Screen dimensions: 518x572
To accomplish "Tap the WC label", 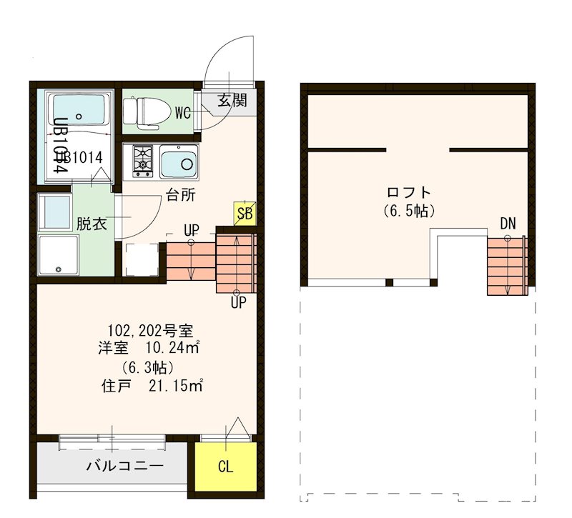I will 182,113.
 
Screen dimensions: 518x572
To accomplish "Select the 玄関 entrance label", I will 232,101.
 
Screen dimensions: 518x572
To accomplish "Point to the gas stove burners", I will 142,161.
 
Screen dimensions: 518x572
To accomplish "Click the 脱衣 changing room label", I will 92,223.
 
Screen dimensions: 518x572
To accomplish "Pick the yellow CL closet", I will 225,468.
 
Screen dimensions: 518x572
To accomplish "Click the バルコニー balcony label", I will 125,467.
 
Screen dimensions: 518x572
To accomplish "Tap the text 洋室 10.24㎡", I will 149,349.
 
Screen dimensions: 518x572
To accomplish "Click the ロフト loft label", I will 408,192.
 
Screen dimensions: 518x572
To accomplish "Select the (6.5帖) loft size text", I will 408,211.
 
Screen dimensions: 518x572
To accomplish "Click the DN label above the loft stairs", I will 508,224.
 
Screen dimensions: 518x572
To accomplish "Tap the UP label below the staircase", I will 238,303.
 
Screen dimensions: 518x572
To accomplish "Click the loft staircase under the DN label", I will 507,266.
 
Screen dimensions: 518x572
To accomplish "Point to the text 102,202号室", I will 150,331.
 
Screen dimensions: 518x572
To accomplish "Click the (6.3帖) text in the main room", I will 147,368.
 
